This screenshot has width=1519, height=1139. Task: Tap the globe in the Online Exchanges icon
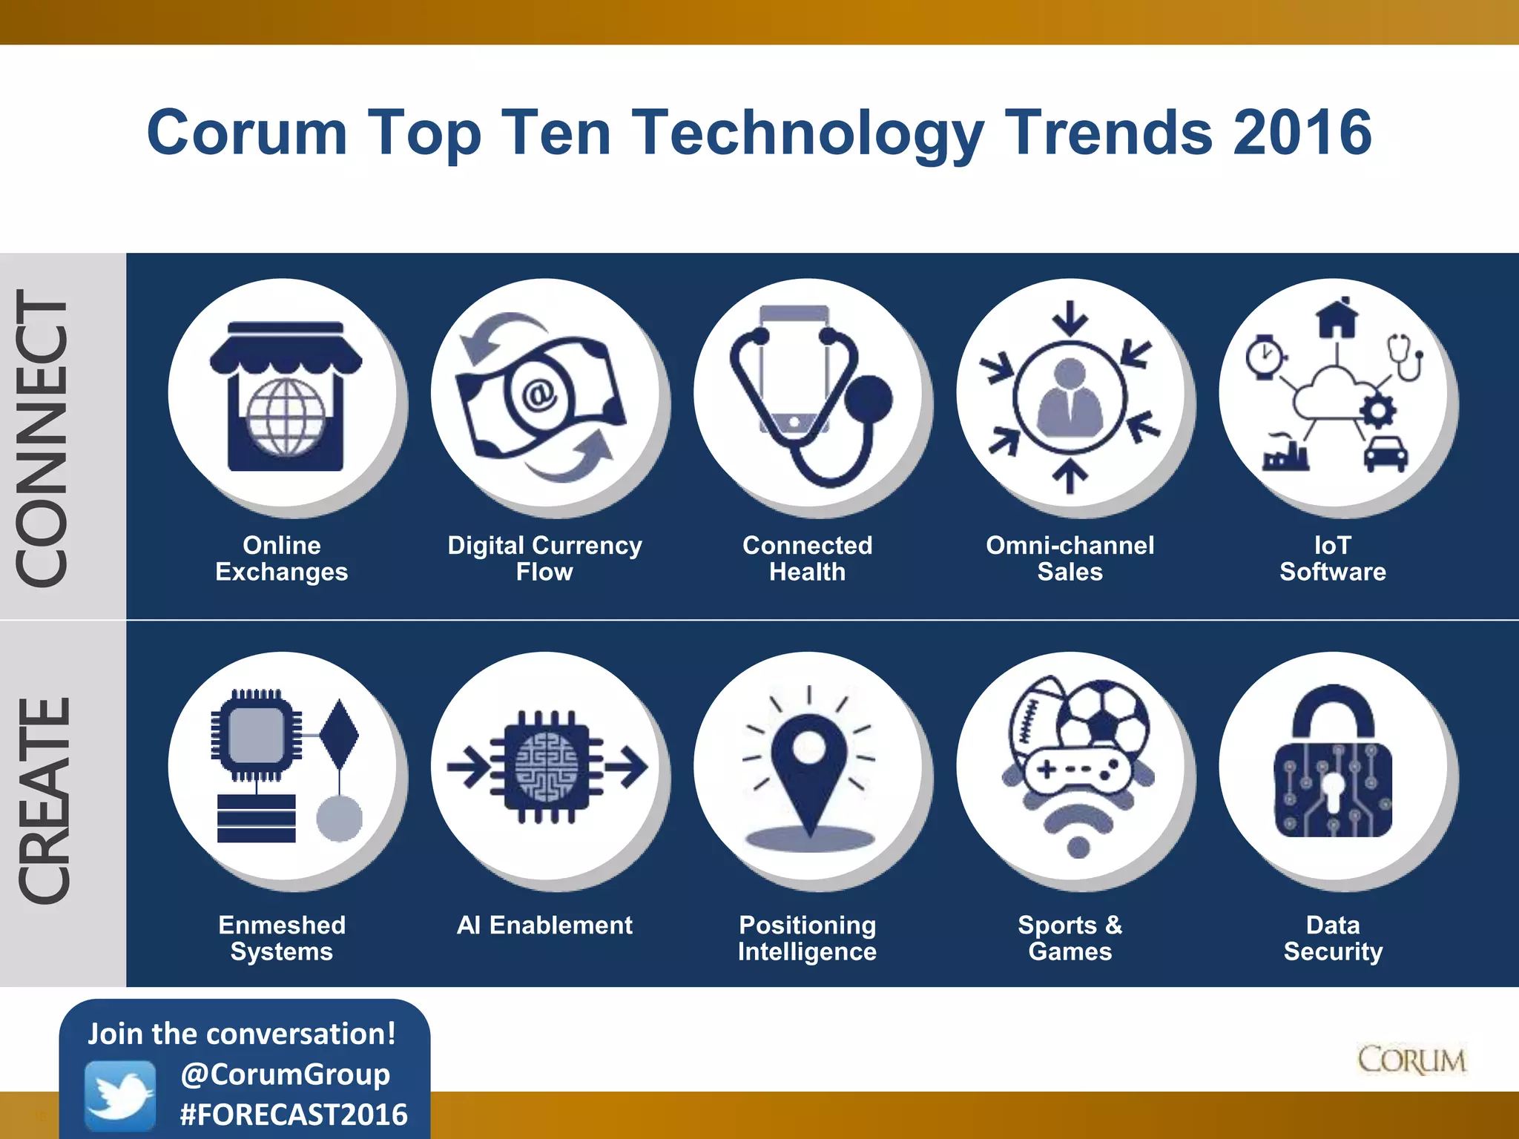point(286,417)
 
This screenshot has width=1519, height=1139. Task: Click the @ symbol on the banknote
point(539,394)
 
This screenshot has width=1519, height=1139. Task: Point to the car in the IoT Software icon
point(1385,453)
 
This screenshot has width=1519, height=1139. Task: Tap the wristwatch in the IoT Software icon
point(1264,357)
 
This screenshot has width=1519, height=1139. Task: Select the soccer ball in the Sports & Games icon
point(1103,716)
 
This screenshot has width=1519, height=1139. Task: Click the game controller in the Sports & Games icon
point(1078,771)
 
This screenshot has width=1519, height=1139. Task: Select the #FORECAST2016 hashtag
point(294,1115)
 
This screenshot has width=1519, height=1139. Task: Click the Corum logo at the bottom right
point(1411,1060)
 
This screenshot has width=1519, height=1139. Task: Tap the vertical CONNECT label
point(43,438)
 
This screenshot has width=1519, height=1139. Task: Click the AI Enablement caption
point(544,925)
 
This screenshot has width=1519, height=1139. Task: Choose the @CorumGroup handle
point(286,1074)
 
